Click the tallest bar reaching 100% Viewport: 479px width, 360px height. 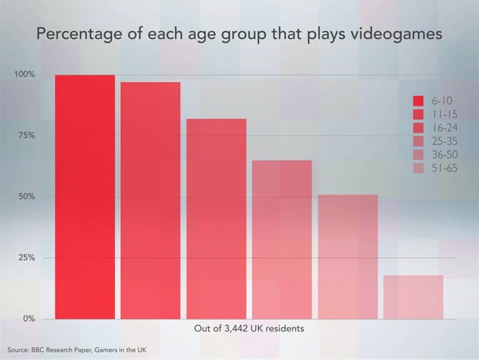pyautogui.click(x=85, y=197)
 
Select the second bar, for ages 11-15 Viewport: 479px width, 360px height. pyautogui.click(x=150, y=201)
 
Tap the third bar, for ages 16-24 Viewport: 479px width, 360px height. pyautogui.click(x=216, y=219)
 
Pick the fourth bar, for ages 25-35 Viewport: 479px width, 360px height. pyautogui.click(x=282, y=240)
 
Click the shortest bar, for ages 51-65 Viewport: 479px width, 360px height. pyautogui.click(x=413, y=297)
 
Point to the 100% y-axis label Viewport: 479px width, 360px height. pyautogui.click(x=26, y=75)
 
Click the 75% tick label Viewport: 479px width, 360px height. pyautogui.click(x=27, y=136)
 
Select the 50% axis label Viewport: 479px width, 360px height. pyautogui.click(x=27, y=197)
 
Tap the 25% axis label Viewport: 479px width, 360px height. pyautogui.click(x=27, y=258)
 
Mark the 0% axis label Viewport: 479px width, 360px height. pyautogui.click(x=29, y=319)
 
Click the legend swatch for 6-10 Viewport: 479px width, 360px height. pyautogui.click(x=419, y=101)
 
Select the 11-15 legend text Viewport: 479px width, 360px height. pyautogui.click(x=444, y=114)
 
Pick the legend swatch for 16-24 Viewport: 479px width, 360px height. pyautogui.click(x=419, y=127)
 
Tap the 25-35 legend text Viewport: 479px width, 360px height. pyautogui.click(x=444, y=141)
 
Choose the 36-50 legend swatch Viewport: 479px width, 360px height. pyautogui.click(x=419, y=154)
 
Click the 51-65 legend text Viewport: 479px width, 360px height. pyautogui.click(x=444, y=168)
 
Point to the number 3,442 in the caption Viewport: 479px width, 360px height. pyautogui.click(x=240, y=329)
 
